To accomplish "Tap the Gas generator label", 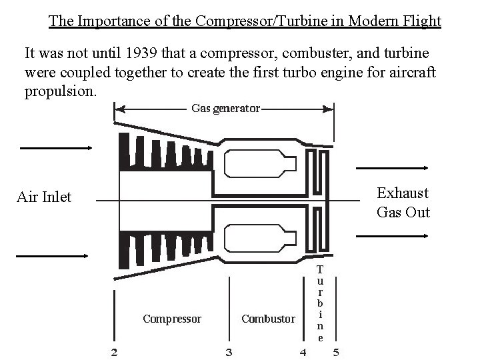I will (225, 108).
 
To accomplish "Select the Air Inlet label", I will (44, 197).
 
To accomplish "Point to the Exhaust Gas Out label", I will (403, 203).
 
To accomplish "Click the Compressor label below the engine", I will (172, 319).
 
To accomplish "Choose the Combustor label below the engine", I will (268, 319).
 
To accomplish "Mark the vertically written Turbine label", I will (320, 303).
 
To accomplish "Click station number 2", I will (115, 351).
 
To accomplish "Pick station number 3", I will (229, 351).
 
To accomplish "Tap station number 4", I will (303, 351).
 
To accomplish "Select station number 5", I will (336, 351).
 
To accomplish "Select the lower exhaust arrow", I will (392, 235).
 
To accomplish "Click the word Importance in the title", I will (109, 21).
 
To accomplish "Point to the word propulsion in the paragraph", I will (60, 91).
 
